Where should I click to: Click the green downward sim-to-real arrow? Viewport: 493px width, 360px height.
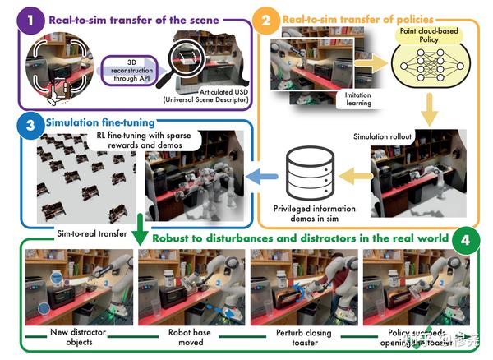pos(141,228)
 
